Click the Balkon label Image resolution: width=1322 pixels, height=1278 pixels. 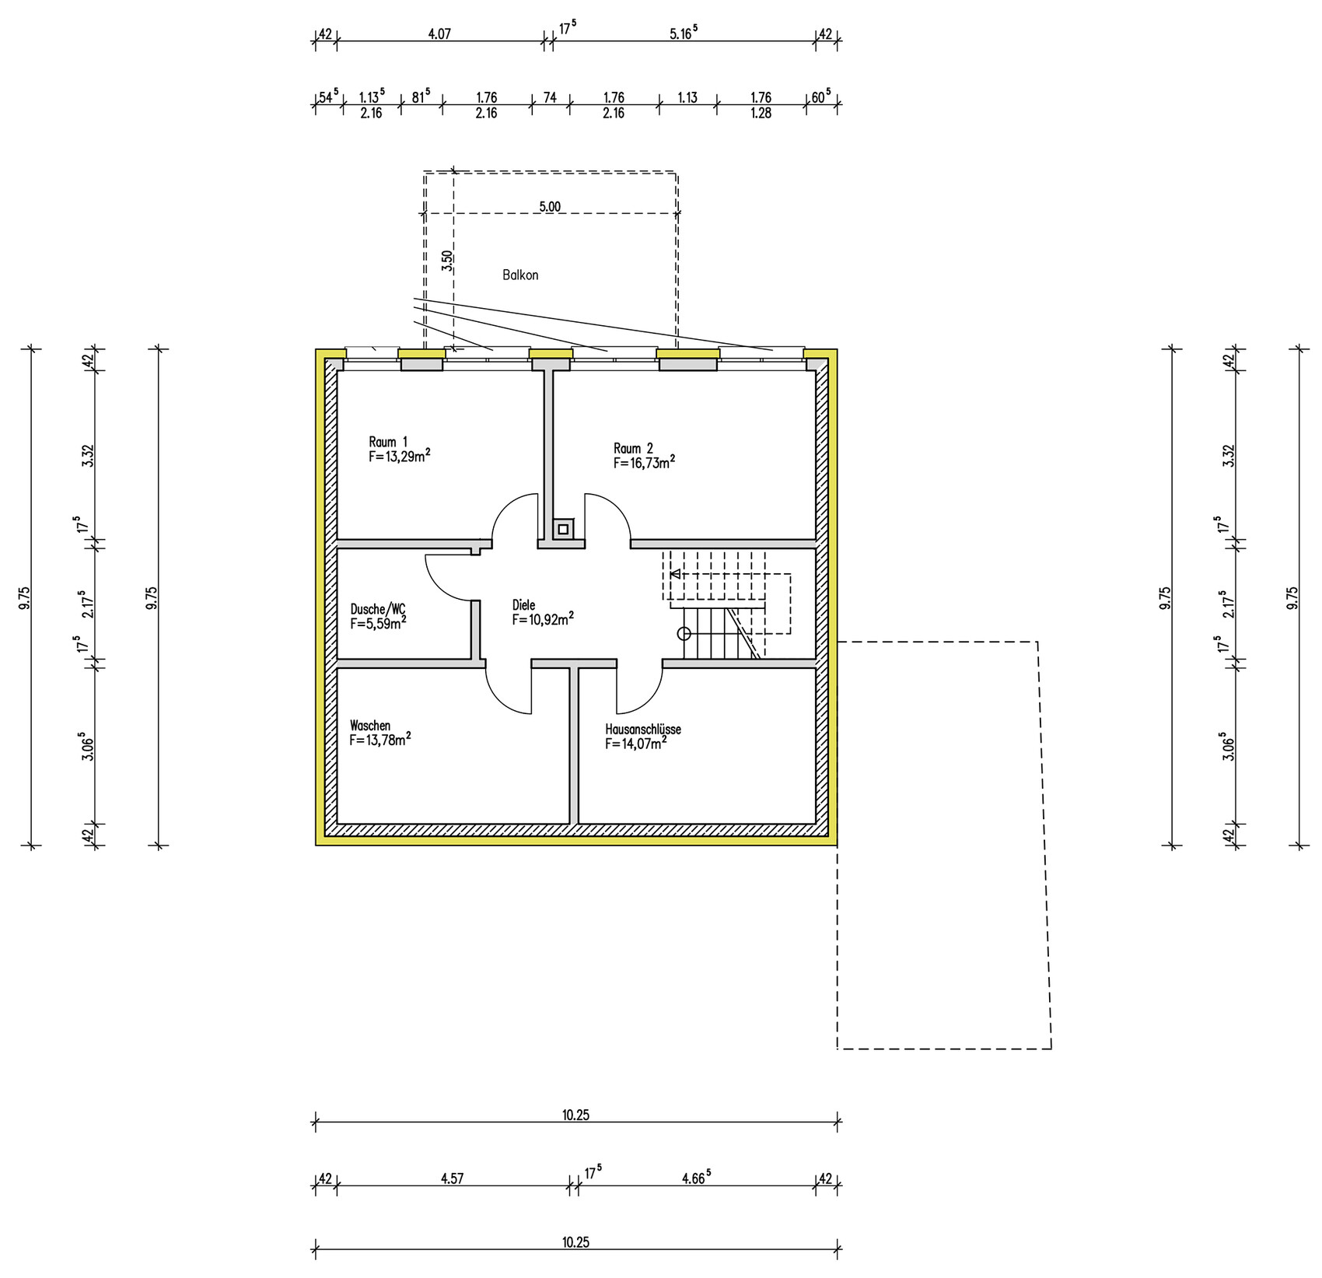point(520,275)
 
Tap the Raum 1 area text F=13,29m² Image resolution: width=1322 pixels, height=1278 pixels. point(400,457)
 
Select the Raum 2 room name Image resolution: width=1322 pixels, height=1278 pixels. point(633,449)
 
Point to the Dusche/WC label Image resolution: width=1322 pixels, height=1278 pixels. point(378,608)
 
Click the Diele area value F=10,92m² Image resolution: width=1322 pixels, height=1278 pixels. point(543,619)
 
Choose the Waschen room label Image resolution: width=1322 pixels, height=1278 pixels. point(370,726)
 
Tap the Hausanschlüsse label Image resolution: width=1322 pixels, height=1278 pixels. point(643,730)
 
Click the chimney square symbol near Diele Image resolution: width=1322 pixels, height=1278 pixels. point(563,530)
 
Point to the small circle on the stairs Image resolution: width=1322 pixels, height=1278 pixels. point(684,633)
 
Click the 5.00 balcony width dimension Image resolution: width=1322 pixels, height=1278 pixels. point(550,207)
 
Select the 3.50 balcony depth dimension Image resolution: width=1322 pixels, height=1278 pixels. point(446,261)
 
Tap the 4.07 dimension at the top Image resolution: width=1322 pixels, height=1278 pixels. point(440,34)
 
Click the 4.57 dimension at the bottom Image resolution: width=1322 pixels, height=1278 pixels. point(452,1178)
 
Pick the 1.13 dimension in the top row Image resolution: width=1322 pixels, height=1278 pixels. point(687,98)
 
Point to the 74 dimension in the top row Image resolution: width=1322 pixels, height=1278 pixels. point(550,98)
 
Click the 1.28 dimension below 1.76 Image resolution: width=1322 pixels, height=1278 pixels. point(761,114)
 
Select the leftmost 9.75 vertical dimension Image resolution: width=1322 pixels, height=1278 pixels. point(25,597)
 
